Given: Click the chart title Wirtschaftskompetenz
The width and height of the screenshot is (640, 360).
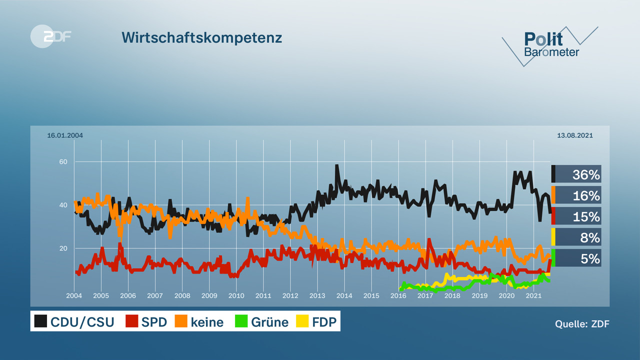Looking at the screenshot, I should click(201, 38).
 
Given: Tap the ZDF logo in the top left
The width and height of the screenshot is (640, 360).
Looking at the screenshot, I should click(50, 36).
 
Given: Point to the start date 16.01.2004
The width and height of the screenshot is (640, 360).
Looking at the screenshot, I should click(65, 135).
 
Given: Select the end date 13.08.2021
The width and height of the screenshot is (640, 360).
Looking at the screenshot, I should click(575, 135).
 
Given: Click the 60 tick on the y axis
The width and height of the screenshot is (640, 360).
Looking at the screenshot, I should click(64, 162).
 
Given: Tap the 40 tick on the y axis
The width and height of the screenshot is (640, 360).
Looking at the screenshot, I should click(64, 205).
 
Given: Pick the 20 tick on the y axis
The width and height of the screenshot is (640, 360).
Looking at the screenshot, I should click(64, 248).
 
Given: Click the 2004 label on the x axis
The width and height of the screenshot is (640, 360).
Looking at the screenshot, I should click(74, 295).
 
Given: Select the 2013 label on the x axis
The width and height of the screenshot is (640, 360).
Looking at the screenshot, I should click(317, 295).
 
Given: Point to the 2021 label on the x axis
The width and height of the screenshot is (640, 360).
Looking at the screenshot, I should click(534, 295).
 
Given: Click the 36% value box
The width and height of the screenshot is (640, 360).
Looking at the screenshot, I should click(577, 174).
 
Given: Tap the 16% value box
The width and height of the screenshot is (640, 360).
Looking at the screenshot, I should click(577, 195).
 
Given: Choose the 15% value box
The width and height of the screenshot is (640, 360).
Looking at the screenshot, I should click(577, 216).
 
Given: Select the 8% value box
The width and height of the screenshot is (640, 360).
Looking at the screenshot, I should click(577, 237).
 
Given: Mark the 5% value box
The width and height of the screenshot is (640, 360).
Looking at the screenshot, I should click(577, 258).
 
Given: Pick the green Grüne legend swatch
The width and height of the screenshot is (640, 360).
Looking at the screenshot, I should click(242, 322).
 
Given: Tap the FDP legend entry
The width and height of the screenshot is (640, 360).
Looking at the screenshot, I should click(317, 322).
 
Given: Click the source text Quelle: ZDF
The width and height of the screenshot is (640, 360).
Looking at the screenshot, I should click(582, 324).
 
